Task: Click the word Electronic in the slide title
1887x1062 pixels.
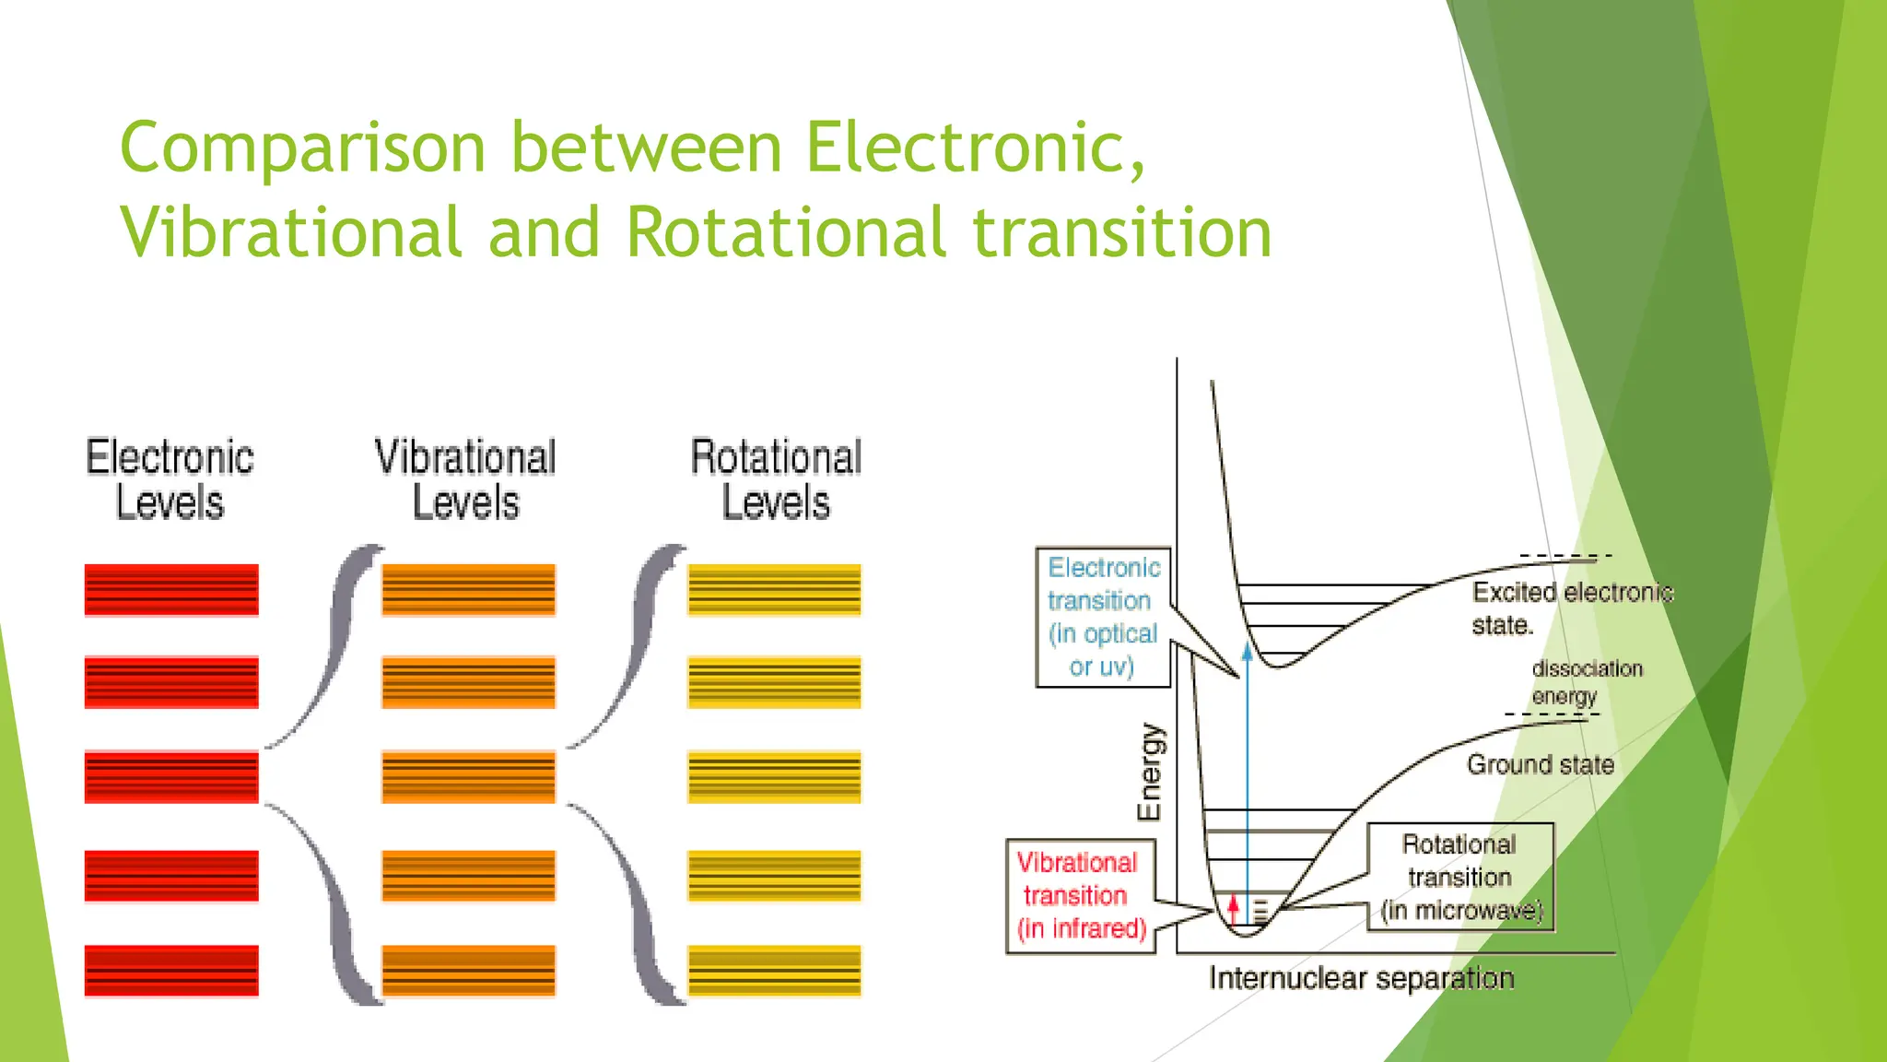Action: [x=975, y=147]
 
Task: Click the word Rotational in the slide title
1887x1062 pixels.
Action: [x=786, y=232]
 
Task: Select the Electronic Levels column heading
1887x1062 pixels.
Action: [x=170, y=479]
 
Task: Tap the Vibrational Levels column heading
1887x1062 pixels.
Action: [x=465, y=479]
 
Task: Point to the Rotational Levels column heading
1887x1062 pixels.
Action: [x=776, y=479]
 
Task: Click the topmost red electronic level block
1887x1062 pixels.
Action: [x=171, y=590]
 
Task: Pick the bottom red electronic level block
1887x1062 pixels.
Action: [x=171, y=971]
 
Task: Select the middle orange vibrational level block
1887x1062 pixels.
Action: [x=468, y=777]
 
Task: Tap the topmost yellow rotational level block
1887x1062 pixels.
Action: [x=774, y=590]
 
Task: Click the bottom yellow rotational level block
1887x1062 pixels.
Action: [x=774, y=971]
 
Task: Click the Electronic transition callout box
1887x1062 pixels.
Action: [x=1103, y=617]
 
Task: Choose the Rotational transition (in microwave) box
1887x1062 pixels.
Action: [x=1460, y=877]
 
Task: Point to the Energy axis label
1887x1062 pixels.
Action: [x=1150, y=773]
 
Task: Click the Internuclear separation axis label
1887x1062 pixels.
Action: [x=1361, y=978]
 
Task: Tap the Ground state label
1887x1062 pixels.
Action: [x=1540, y=764]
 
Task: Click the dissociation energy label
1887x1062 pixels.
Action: [x=1587, y=682]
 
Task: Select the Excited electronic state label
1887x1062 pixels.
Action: [x=1571, y=608]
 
